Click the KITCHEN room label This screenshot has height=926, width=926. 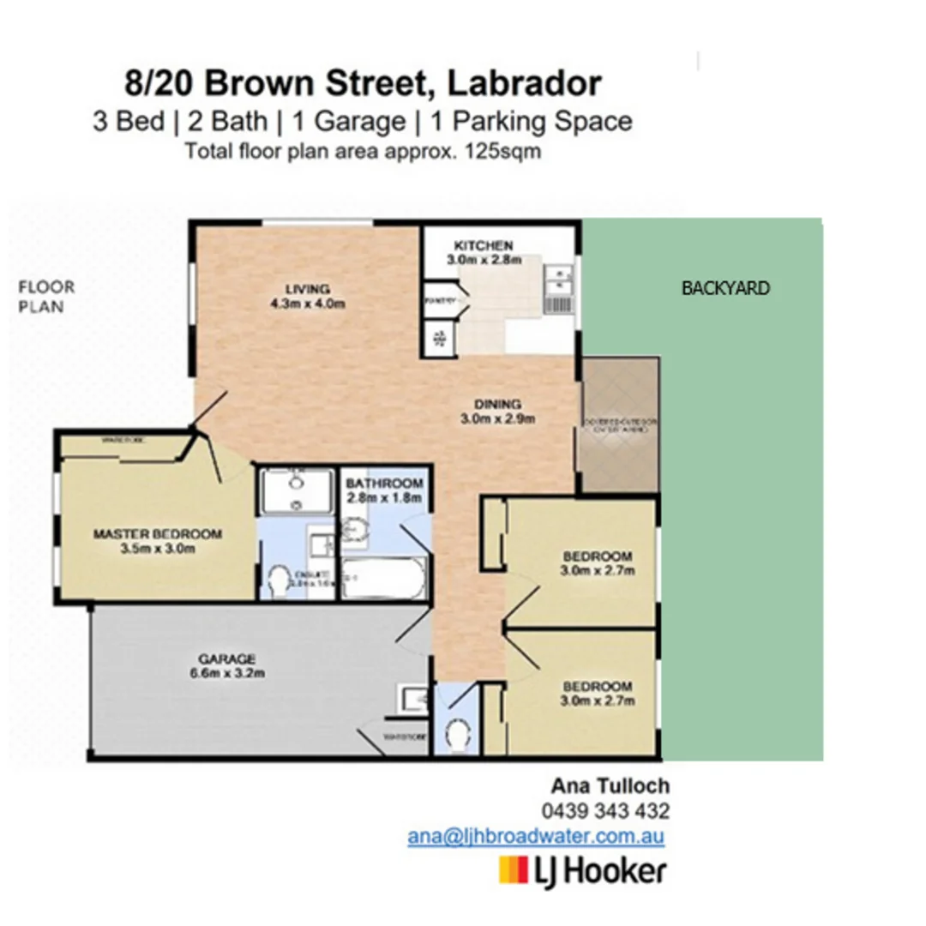pyautogui.click(x=484, y=245)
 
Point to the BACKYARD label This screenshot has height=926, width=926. pyautogui.click(x=725, y=288)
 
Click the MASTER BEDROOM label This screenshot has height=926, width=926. pyautogui.click(x=157, y=534)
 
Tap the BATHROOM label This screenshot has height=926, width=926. pyautogui.click(x=384, y=483)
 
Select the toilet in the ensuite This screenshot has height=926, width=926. pyautogui.click(x=280, y=582)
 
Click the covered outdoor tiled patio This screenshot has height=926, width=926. pyautogui.click(x=619, y=426)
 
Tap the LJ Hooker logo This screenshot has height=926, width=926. pyautogui.click(x=582, y=871)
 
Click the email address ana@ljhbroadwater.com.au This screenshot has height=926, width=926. pyautogui.click(x=537, y=837)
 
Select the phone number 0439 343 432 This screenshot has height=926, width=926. pyautogui.click(x=605, y=811)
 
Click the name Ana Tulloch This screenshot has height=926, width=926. pyautogui.click(x=610, y=785)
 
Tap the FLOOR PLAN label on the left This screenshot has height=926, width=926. pyautogui.click(x=46, y=297)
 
